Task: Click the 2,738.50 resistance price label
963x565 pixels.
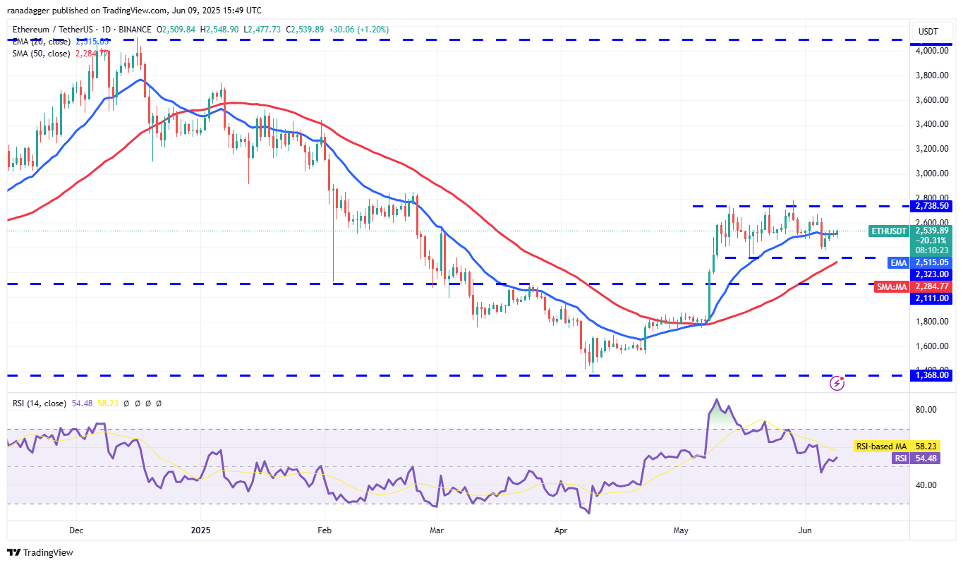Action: (x=933, y=206)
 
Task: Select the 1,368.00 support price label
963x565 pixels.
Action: (x=933, y=376)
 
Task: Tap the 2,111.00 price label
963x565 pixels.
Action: (x=933, y=298)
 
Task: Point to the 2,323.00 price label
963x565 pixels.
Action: (x=933, y=274)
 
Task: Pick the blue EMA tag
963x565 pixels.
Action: (x=898, y=262)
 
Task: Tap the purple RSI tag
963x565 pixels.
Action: (x=900, y=458)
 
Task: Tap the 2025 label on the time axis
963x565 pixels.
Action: (x=200, y=529)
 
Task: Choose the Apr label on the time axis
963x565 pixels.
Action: (x=562, y=529)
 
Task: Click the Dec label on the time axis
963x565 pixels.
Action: (x=76, y=529)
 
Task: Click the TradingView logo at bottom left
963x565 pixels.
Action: (x=40, y=552)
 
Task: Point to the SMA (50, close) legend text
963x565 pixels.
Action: (x=40, y=54)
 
